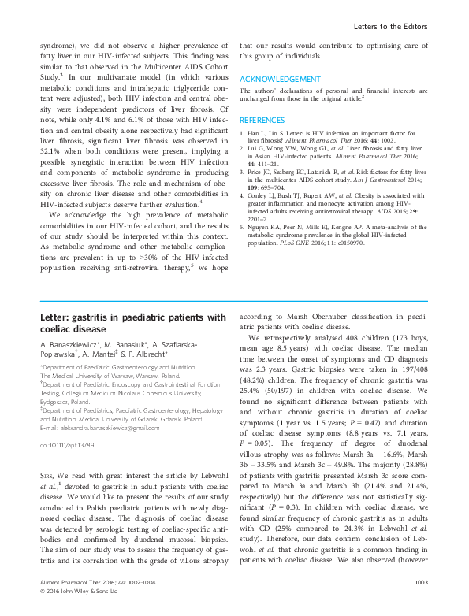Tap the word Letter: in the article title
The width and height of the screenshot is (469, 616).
point(57,317)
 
